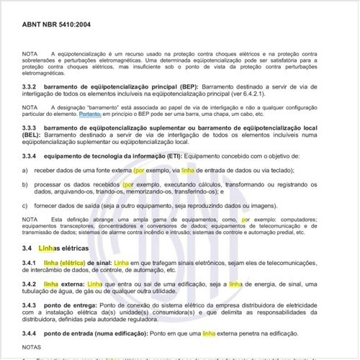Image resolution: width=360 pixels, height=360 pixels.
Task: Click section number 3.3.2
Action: click(31, 86)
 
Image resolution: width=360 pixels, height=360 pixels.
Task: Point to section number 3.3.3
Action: click(31, 127)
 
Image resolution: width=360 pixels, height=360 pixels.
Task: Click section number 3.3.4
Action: click(31, 156)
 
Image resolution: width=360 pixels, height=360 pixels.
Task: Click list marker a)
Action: click(25, 170)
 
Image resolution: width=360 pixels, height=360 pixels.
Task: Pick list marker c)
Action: click(25, 205)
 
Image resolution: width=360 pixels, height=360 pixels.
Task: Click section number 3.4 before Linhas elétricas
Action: click(28, 247)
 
